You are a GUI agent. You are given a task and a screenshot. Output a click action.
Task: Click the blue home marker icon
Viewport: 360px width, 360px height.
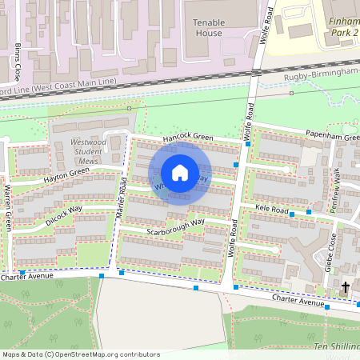180,173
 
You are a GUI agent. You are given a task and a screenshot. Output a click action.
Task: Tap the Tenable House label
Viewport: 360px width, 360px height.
207,28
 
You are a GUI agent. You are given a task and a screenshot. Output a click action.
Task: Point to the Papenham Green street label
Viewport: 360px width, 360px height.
330,138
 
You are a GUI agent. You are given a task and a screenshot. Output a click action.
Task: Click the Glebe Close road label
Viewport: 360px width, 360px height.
330,254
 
